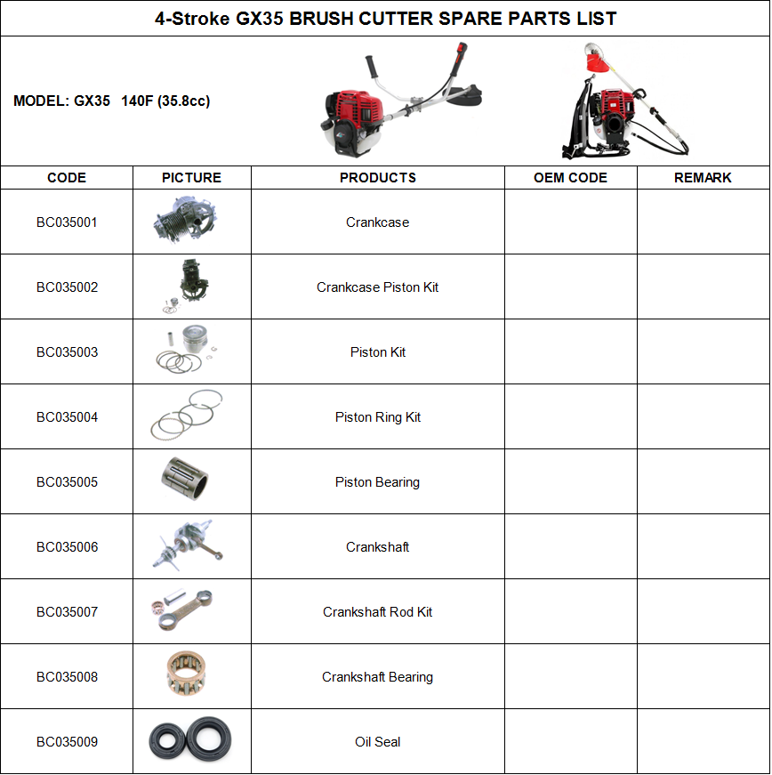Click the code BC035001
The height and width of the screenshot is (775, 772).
click(x=67, y=222)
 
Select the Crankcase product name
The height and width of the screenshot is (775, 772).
click(x=378, y=222)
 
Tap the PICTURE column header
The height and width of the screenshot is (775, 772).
click(x=191, y=178)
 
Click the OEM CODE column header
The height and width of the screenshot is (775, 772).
click(x=570, y=178)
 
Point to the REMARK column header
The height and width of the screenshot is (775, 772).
click(x=703, y=178)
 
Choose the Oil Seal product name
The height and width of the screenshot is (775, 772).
click(x=378, y=742)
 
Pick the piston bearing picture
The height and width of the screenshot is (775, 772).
click(x=189, y=480)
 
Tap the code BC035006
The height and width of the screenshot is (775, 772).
click(x=67, y=547)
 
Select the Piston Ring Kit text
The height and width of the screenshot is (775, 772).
click(x=378, y=417)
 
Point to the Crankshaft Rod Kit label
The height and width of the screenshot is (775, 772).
click(x=378, y=612)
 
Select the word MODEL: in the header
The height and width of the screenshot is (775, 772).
click(x=41, y=101)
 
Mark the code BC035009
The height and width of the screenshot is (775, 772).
click(x=67, y=742)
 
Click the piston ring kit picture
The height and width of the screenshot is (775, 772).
click(x=187, y=416)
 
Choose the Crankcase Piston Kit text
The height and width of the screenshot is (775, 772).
click(x=378, y=287)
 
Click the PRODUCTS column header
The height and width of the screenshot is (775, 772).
click(x=378, y=178)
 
